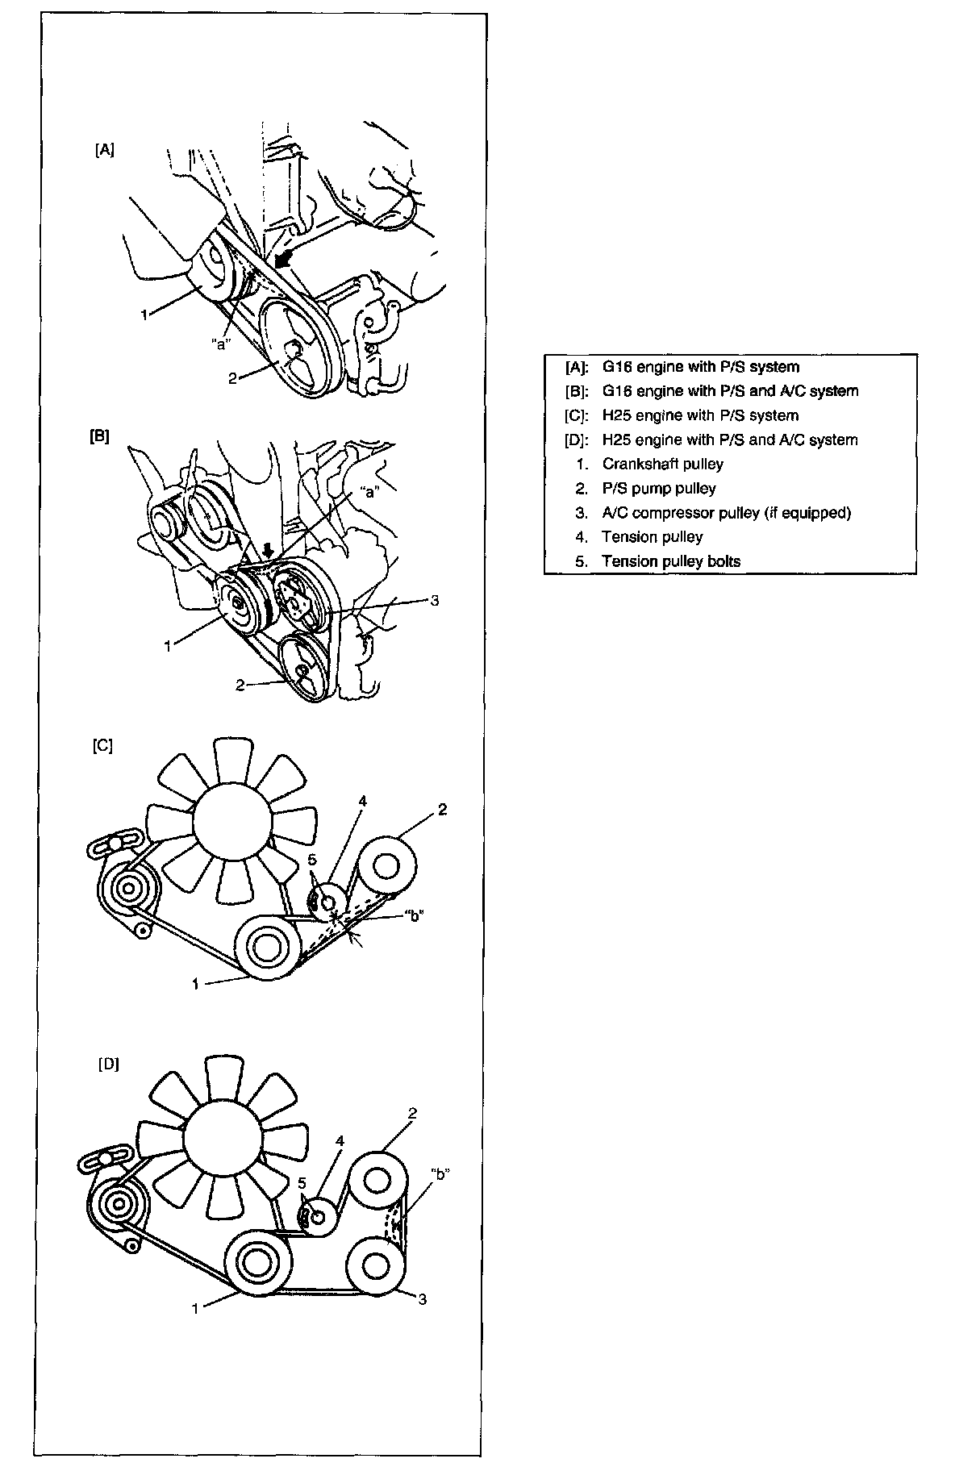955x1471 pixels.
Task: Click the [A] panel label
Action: pyautogui.click(x=104, y=150)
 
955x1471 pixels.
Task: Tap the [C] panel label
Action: pyautogui.click(x=102, y=746)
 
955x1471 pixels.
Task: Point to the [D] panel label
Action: pyautogui.click(x=108, y=1064)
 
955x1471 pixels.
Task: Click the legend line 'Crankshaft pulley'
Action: pyautogui.click(x=662, y=464)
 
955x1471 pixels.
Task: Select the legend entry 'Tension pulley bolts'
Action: pyautogui.click(x=670, y=561)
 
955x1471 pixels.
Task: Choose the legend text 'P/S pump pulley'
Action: pyautogui.click(x=658, y=488)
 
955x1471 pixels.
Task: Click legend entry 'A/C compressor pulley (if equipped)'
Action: pyautogui.click(x=726, y=512)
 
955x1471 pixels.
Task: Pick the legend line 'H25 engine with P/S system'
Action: pyautogui.click(x=700, y=415)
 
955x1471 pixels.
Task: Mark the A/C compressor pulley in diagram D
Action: pyautogui.click(x=376, y=1265)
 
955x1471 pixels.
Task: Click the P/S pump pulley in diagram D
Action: pyautogui.click(x=377, y=1180)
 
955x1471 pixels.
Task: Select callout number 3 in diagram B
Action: pyautogui.click(x=434, y=600)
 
